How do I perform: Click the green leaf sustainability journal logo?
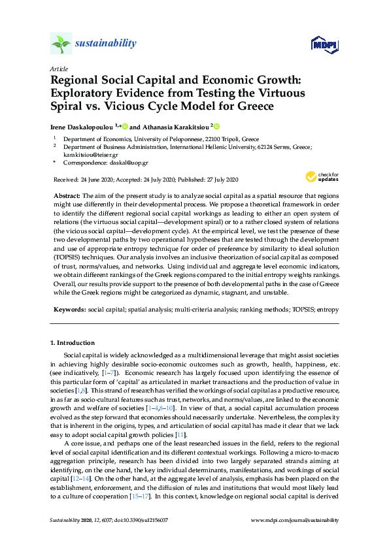coord(60,43)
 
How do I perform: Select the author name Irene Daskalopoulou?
coord(82,127)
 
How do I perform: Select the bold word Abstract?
coord(66,197)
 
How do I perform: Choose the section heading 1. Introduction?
coord(73,343)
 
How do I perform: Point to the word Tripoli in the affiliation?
coord(229,140)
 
